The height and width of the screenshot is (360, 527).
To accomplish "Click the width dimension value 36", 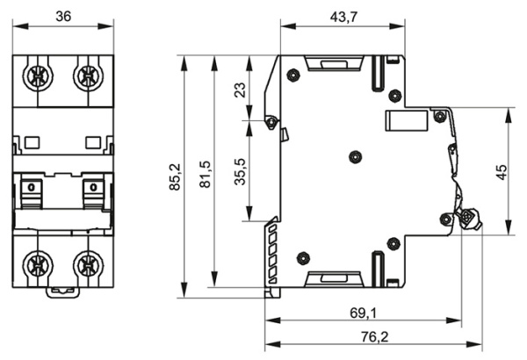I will tap(63, 16).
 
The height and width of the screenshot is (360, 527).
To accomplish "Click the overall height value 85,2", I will tap(176, 176).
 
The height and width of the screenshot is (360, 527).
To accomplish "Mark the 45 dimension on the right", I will tap(502, 172).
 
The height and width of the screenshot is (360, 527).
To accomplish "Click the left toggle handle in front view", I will tap(33, 190).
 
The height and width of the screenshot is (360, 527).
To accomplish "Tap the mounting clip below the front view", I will tap(63, 291).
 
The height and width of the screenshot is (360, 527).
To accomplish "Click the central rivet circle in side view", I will tap(354, 156).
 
